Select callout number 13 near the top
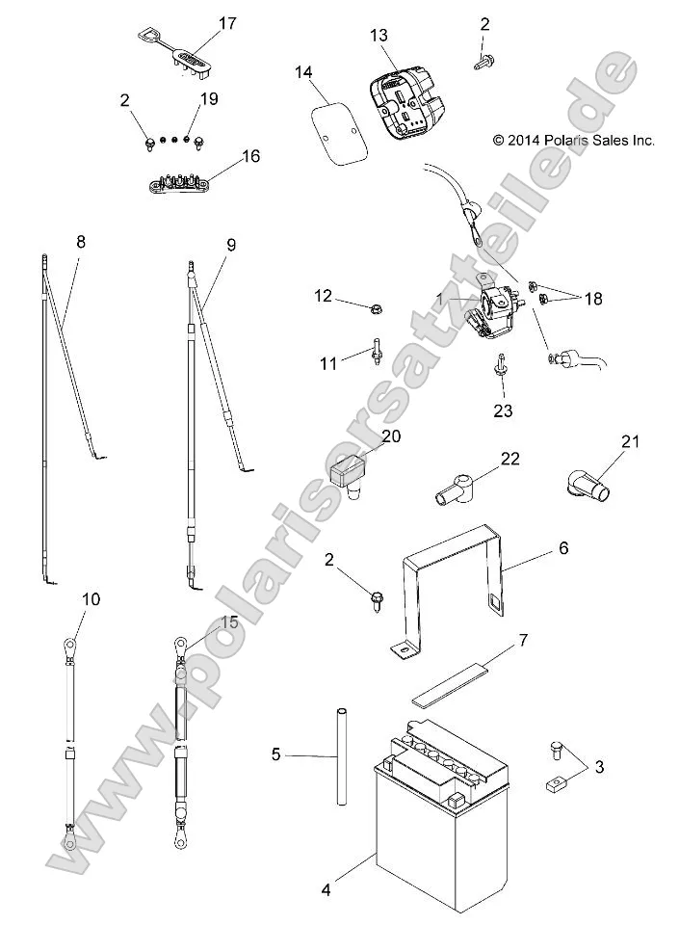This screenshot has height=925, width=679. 379,36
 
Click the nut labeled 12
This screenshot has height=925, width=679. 376,308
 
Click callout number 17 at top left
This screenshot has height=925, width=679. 228,24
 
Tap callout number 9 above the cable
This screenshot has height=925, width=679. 230,245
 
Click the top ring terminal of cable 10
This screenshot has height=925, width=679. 68,640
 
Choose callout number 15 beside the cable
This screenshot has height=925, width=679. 228,622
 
